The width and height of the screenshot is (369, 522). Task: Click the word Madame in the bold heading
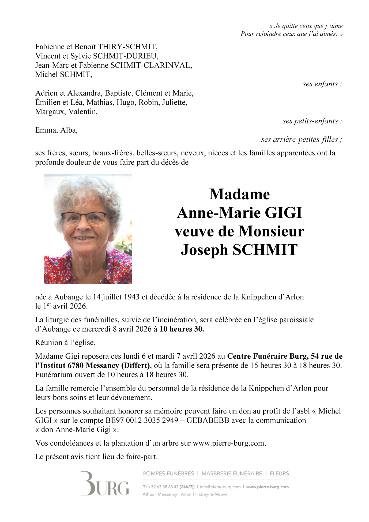[239, 194]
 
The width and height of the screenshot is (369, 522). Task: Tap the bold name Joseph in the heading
[204, 250]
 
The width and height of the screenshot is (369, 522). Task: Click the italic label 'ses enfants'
[322, 84]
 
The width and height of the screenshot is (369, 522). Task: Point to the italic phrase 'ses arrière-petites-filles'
[301, 140]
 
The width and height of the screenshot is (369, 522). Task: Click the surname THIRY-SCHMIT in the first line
[127, 47]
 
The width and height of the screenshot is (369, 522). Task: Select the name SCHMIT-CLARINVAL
[151, 65]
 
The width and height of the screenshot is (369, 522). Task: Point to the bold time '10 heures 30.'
[182, 329]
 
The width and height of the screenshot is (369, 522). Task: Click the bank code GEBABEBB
[208, 420]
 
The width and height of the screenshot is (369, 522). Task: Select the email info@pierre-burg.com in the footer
[220, 487]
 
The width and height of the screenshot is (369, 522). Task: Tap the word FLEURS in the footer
[279, 474]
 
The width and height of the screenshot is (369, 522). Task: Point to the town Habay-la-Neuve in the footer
[211, 494]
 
